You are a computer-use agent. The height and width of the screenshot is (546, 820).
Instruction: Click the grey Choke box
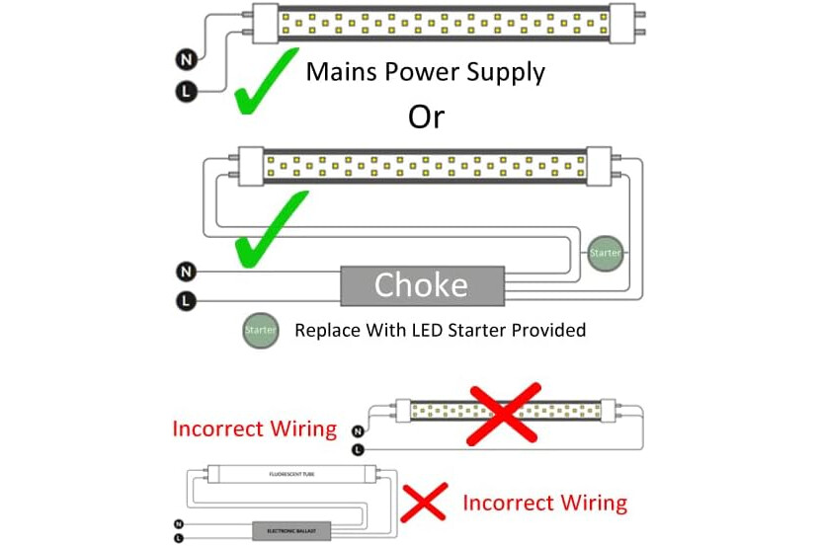tap(421, 285)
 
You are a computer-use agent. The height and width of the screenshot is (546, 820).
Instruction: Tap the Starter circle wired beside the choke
tap(605, 254)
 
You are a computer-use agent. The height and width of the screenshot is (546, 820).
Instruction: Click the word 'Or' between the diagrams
tap(426, 117)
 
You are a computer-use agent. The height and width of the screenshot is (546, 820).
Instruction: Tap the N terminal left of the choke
tap(186, 271)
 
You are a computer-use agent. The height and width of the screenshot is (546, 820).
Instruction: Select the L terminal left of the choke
tap(186, 299)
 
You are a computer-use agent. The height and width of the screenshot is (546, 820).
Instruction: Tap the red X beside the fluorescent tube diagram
tap(424, 503)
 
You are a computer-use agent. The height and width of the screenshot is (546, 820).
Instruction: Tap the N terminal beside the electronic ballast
tap(178, 523)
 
